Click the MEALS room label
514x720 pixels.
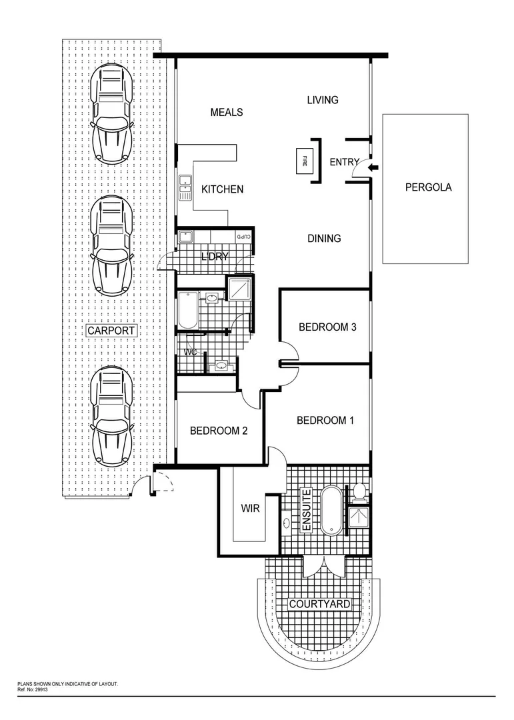coord(227,113)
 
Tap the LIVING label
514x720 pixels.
coord(322,100)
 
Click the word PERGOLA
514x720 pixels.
coord(428,187)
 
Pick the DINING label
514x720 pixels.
coord(324,239)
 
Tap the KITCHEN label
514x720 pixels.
coord(222,190)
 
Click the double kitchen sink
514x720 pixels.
coord(184,189)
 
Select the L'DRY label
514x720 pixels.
coord(215,257)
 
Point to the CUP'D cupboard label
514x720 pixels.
coord(244,237)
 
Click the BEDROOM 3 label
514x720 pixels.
coord(327,327)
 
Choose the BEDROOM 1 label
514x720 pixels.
coord(325,421)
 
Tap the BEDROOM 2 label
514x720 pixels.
coord(219,431)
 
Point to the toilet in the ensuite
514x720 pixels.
coord(359,490)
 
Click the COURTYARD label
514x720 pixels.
coord(319,605)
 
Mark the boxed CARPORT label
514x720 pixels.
coord(111,331)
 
